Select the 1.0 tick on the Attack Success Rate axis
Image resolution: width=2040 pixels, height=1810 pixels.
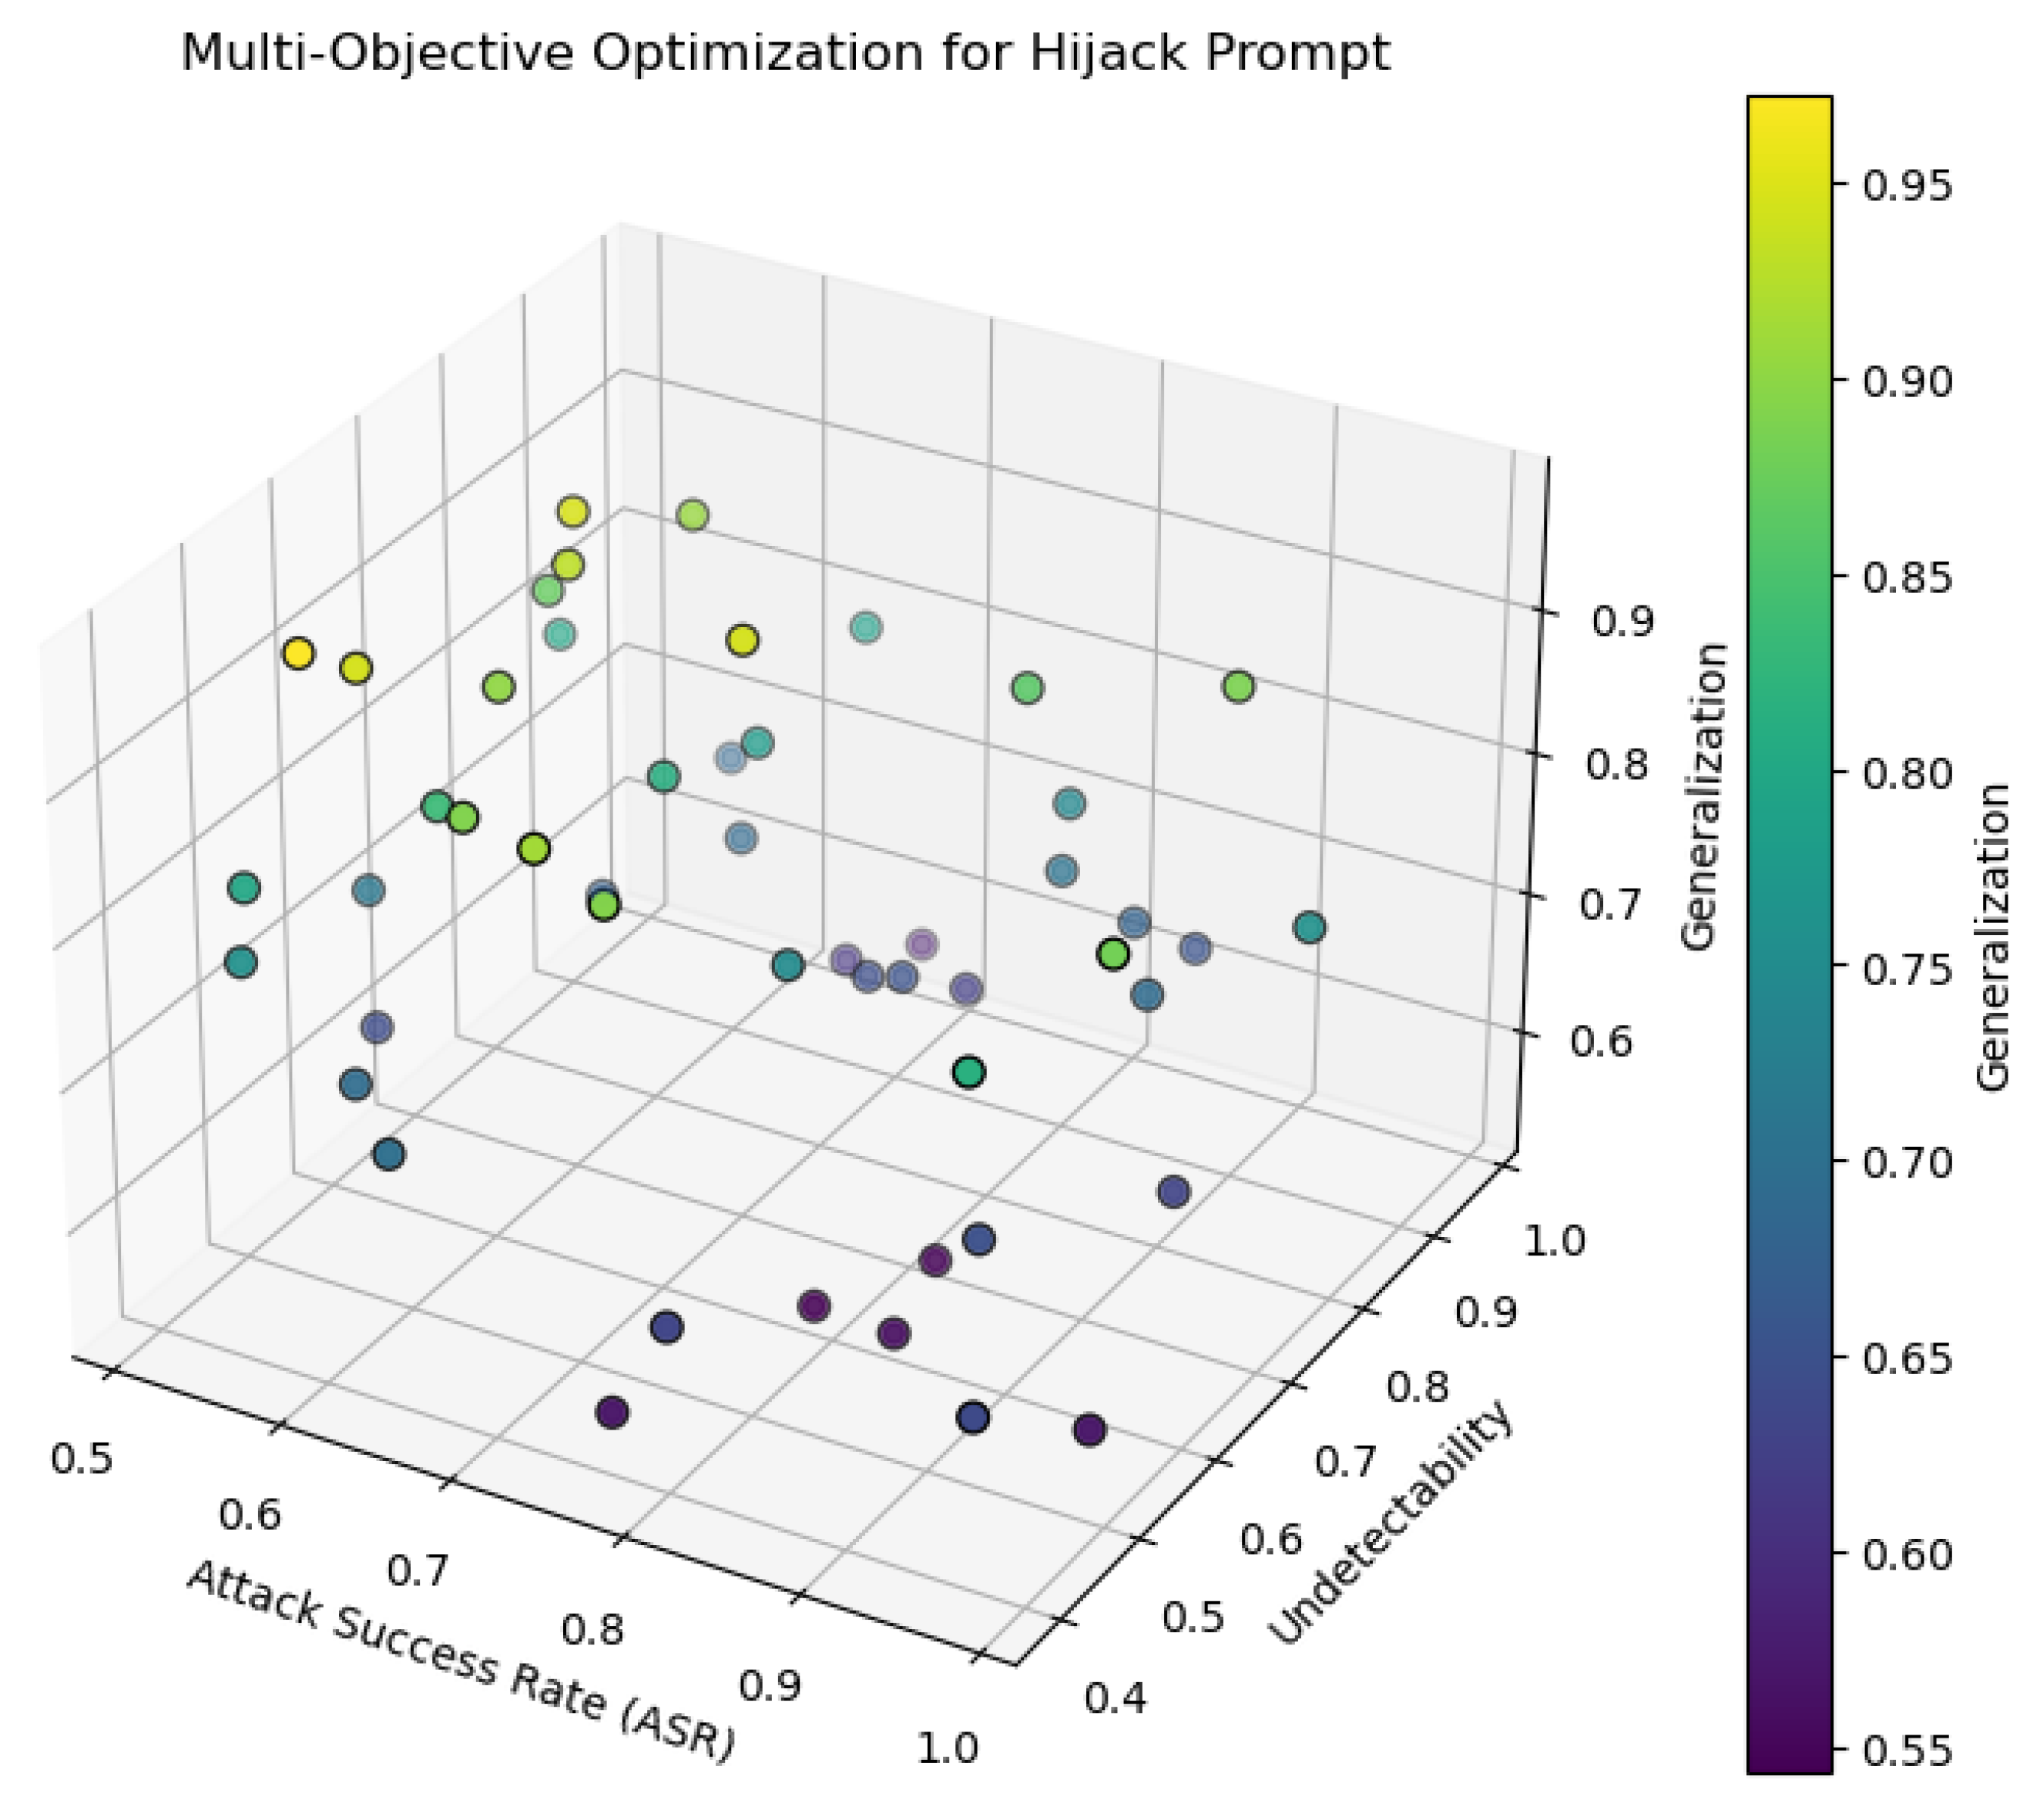[x=947, y=1747]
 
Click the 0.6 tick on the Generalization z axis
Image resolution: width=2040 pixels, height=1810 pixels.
[x=1602, y=1041]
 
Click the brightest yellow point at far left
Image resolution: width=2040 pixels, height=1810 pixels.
[x=298, y=655]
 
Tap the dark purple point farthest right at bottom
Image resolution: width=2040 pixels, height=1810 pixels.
[x=1090, y=1430]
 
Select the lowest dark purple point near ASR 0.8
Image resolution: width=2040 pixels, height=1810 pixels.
[x=612, y=1412]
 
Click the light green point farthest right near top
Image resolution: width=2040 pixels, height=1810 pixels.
[x=1239, y=686]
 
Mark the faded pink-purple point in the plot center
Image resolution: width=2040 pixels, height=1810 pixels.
[x=922, y=944]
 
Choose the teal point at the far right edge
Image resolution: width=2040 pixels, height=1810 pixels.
[x=1310, y=928]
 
